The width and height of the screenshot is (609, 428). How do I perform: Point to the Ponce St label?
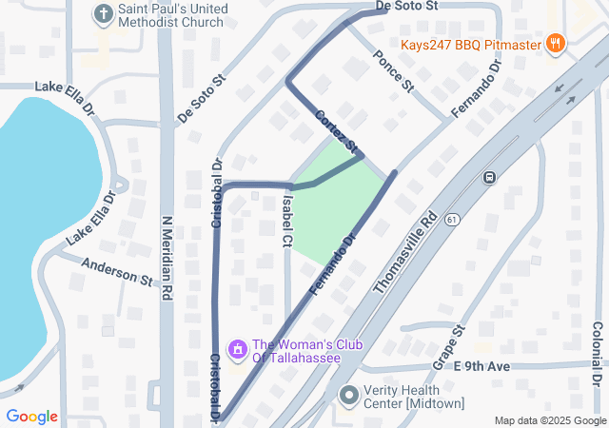pos(394,71)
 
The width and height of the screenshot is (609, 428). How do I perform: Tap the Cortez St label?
pos(338,132)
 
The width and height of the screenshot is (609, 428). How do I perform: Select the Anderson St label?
pos(118,271)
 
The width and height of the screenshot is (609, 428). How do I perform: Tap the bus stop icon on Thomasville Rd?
pos(489,177)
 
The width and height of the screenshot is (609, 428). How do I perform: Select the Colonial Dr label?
pos(598,353)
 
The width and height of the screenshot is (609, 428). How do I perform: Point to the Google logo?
pos(32,417)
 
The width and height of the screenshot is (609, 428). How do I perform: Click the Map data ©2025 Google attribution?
pos(549,420)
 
